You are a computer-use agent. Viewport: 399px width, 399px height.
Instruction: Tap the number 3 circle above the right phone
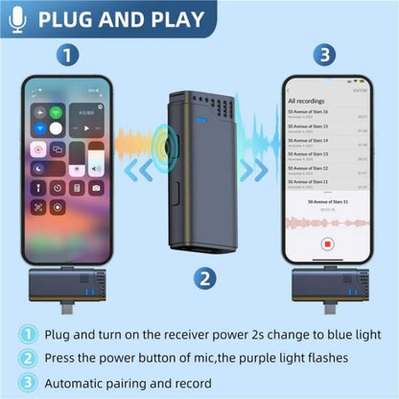325,56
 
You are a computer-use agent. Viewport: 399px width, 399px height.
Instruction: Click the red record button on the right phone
328,245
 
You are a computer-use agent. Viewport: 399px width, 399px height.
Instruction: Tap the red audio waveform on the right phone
326,222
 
